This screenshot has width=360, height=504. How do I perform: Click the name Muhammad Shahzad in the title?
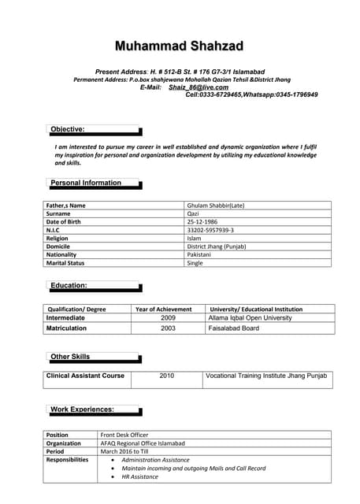[x=180, y=45]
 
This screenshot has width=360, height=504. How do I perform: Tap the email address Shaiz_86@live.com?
[x=199, y=87]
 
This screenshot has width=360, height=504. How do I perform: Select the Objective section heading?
[x=67, y=129]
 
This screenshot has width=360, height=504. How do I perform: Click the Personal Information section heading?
[x=86, y=183]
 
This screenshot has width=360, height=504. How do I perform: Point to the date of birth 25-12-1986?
[x=204, y=221]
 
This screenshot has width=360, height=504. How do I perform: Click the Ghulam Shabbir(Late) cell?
[x=215, y=206]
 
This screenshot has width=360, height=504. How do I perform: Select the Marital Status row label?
[x=65, y=263]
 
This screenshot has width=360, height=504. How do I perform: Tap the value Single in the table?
[x=195, y=263]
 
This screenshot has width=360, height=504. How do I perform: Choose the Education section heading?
[x=69, y=285]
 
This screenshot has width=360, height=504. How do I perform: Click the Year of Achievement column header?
[x=164, y=309]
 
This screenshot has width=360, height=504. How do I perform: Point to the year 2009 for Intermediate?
[x=168, y=318]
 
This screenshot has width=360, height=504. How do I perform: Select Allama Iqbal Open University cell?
[x=250, y=318]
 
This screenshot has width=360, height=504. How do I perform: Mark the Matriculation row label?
[x=66, y=328]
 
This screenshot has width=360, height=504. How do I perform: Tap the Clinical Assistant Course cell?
[x=85, y=376]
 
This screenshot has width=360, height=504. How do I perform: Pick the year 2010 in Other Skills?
[x=167, y=376]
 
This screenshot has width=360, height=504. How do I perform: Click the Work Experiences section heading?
[x=82, y=409]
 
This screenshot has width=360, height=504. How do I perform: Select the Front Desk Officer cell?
[x=124, y=435]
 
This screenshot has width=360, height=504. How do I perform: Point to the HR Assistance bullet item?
[x=139, y=476]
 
